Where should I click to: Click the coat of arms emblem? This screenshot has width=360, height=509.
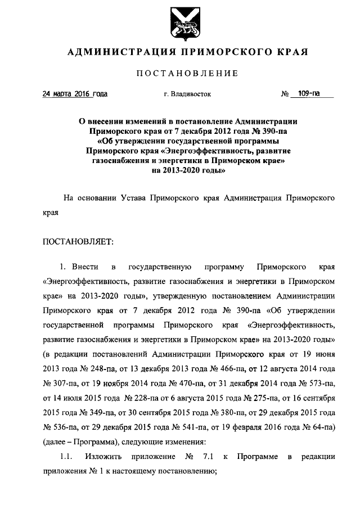pos(179,24)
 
